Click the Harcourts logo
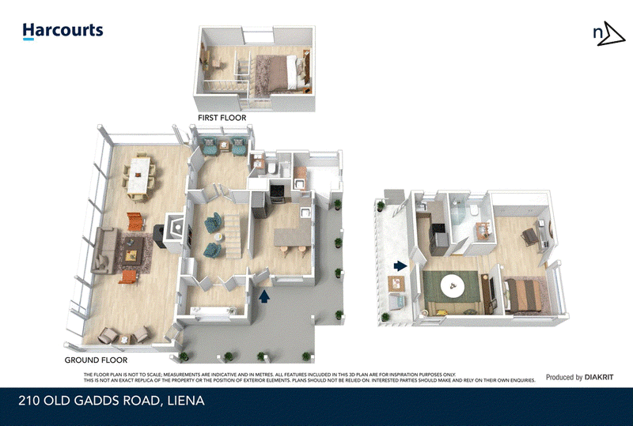point(63,32)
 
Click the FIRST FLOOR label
point(222,118)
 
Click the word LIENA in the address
point(184,401)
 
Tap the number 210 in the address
point(31,401)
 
